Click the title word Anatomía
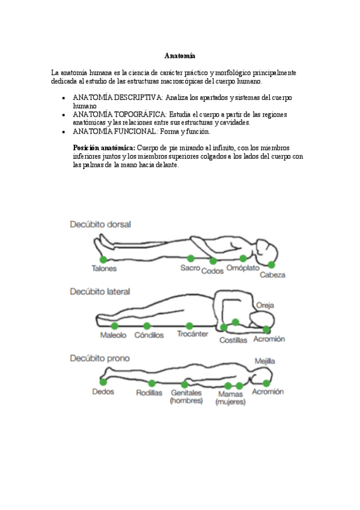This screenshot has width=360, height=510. click(x=180, y=55)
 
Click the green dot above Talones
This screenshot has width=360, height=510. click(x=103, y=259)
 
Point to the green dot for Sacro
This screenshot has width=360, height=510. click(x=191, y=259)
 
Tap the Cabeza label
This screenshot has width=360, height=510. click(x=272, y=275)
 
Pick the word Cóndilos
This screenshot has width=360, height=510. click(x=149, y=336)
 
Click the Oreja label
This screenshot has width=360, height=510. click(x=265, y=306)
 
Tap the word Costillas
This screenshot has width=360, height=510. click(x=233, y=340)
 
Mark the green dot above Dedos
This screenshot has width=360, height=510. click(x=103, y=382)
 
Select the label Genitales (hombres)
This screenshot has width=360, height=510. click(x=186, y=397)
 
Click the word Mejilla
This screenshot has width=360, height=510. click(x=264, y=361)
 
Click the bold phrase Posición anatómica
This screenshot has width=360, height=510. click(x=104, y=147)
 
